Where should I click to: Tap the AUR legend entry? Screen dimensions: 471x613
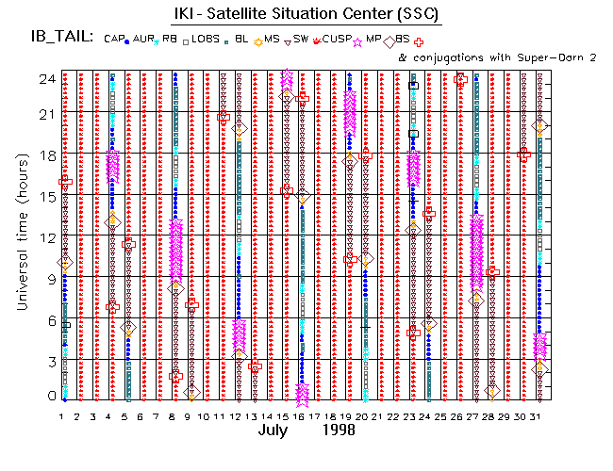click(143, 39)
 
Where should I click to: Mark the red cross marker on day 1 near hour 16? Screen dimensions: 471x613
click(65, 181)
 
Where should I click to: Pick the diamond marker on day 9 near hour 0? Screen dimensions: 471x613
click(191, 391)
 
